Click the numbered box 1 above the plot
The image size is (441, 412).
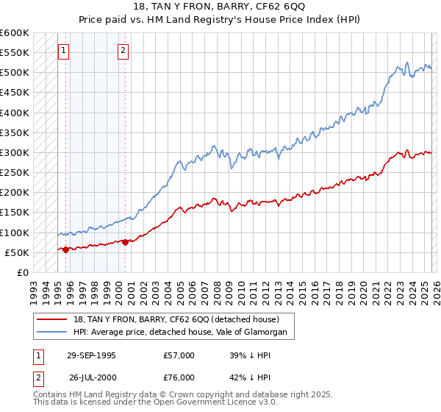[63, 51]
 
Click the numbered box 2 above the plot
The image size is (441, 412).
[123, 51]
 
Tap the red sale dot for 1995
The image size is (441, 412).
[66, 249]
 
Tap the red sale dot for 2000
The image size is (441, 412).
[125, 241]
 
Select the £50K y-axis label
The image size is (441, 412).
[17, 253]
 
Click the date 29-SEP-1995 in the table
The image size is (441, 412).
[91, 355]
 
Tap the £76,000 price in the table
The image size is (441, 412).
[179, 377]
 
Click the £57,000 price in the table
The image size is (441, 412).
[179, 355]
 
